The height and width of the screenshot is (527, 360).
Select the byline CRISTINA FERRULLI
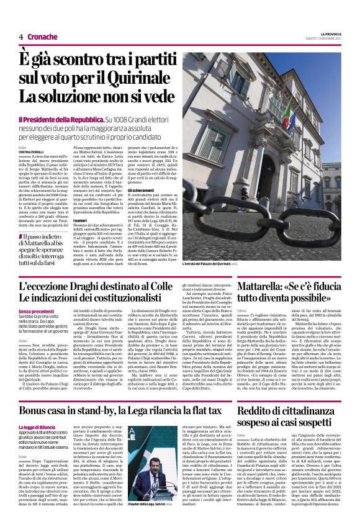click(x=33, y=151)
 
